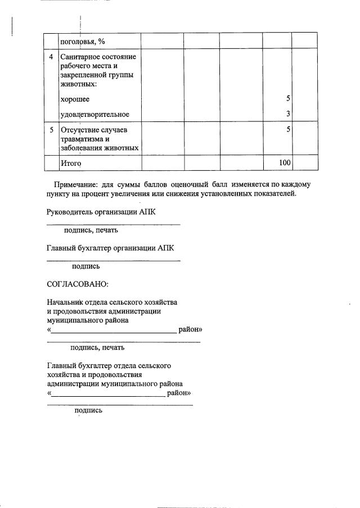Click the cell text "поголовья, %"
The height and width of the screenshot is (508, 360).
tap(82, 42)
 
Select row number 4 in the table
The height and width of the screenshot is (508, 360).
tap(51, 57)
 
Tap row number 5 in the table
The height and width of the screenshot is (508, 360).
tap(51, 130)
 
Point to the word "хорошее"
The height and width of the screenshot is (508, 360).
tap(74, 99)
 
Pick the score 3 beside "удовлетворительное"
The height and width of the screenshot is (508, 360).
tap(287, 115)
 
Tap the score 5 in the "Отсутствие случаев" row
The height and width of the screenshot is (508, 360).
tap(287, 130)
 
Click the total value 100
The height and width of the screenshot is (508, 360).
tap(285, 163)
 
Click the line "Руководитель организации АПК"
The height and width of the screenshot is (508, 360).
tap(101, 212)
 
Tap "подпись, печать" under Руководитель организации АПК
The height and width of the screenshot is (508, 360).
tap(91, 230)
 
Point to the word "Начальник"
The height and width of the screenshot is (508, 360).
tap(67, 302)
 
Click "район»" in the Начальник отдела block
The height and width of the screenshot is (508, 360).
tap(190, 329)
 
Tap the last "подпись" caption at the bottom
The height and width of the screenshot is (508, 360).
tap(88, 411)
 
